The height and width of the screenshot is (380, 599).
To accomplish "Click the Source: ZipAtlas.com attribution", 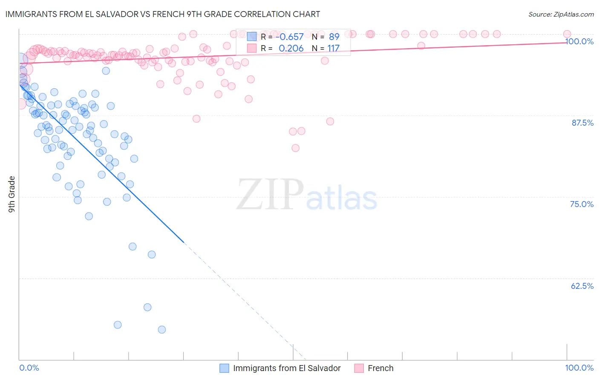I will pyautogui.click(x=561, y=14).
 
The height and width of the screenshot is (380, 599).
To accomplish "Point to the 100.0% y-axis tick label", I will pyautogui.click(x=579, y=41).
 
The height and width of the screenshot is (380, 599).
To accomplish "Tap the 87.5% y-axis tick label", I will pyautogui.click(x=582, y=123).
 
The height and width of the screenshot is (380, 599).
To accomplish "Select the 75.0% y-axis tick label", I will pyautogui.click(x=582, y=204).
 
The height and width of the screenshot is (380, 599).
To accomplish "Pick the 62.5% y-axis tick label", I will pyautogui.click(x=582, y=286).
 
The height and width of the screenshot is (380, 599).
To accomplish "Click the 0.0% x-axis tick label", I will pyautogui.click(x=29, y=368).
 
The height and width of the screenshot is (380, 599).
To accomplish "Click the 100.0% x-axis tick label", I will pyautogui.click(x=579, y=368).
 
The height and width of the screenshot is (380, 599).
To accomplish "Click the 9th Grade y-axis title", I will pyautogui.click(x=12, y=194).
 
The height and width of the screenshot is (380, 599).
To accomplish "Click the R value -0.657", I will pyautogui.click(x=291, y=37).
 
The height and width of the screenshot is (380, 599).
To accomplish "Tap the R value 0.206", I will pyautogui.click(x=291, y=48).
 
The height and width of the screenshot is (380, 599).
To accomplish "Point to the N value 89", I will pyautogui.click(x=334, y=37).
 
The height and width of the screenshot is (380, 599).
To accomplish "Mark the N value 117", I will pyautogui.click(x=333, y=48).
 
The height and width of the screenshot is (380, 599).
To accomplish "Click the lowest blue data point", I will pyautogui.click(x=161, y=329).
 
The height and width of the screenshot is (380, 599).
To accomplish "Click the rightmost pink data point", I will pyautogui.click(x=567, y=34).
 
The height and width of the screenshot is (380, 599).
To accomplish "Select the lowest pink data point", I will pyautogui.click(x=295, y=148).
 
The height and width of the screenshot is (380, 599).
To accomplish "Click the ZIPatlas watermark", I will pyautogui.click(x=307, y=196).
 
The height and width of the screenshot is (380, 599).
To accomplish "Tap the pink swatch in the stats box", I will pyautogui.click(x=252, y=48).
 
